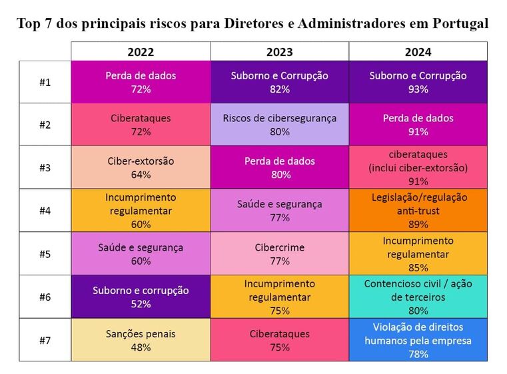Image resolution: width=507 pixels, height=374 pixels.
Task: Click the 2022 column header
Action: (x=141, y=51)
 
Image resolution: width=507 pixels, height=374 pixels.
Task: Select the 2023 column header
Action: (x=279, y=51)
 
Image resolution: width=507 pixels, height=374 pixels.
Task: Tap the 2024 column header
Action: (x=418, y=51)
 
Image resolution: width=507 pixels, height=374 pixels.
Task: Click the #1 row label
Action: (x=45, y=82)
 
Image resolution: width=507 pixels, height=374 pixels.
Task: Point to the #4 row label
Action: (x=45, y=211)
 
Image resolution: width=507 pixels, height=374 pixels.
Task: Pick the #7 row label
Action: (x=45, y=340)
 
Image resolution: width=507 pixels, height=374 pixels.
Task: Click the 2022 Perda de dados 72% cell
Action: (x=141, y=82)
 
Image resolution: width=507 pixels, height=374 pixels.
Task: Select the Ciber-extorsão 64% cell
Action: (x=141, y=167)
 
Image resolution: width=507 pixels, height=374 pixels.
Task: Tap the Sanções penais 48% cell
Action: (x=141, y=340)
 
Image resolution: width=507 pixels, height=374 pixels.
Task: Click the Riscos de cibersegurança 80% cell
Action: (x=279, y=125)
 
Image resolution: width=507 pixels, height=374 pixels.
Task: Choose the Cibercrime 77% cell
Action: (x=279, y=254)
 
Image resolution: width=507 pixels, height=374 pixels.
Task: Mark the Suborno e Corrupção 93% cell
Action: (x=418, y=82)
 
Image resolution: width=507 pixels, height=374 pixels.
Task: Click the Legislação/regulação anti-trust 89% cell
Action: (x=418, y=211)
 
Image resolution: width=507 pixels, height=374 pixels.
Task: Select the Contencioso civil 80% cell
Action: (x=418, y=297)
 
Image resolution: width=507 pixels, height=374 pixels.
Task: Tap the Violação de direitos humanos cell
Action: (x=418, y=340)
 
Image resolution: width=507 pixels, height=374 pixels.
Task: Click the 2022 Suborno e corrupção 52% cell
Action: (x=141, y=297)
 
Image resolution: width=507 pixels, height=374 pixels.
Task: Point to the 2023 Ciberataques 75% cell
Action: (x=279, y=340)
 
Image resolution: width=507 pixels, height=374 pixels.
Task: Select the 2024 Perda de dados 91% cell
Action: (x=418, y=125)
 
